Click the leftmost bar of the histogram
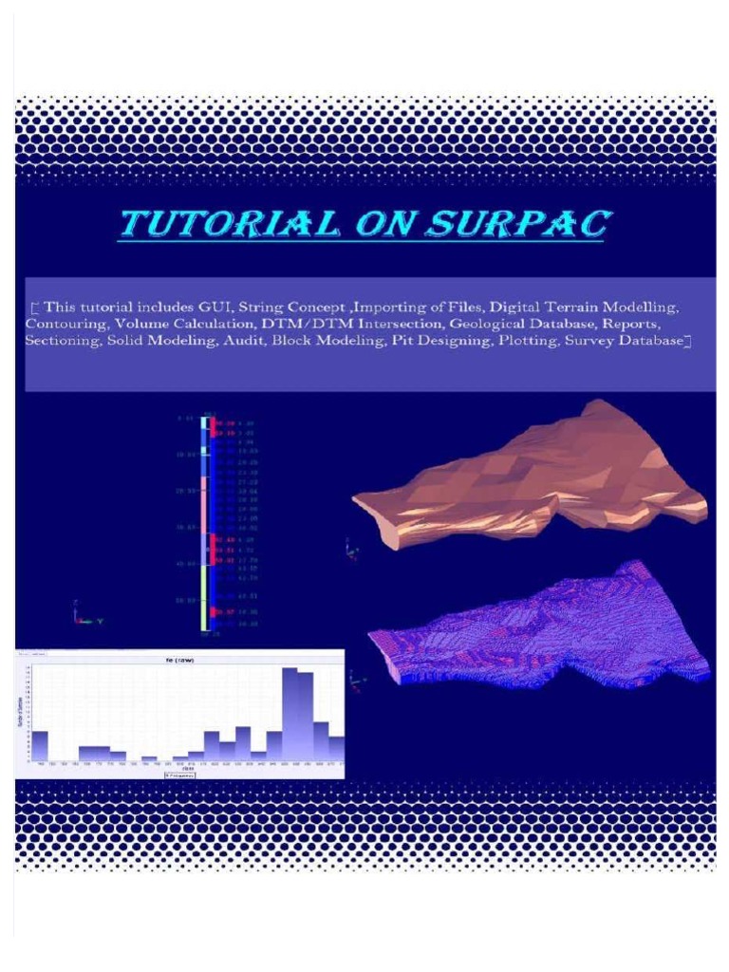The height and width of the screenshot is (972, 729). coord(40,745)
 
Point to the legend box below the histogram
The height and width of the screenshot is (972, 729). coord(179,775)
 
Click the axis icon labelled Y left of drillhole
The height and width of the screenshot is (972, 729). coord(84,617)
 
